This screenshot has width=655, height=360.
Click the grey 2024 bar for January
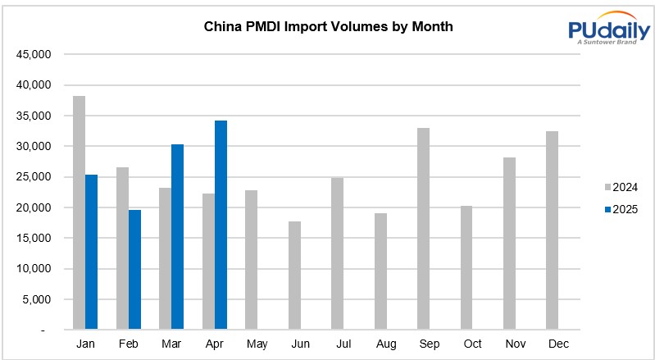pyautogui.click(x=79, y=213)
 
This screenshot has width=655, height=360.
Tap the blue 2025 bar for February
pyautogui.click(x=134, y=270)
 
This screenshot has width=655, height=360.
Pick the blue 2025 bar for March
pyautogui.click(x=177, y=237)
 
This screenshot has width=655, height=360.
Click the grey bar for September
pyautogui.click(x=424, y=229)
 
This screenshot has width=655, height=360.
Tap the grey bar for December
pyautogui.click(x=553, y=230)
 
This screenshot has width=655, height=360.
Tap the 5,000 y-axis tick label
pyautogui.click(x=38, y=299)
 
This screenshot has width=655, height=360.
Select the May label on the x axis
pyautogui.click(x=257, y=344)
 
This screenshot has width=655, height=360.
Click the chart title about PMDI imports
pyautogui.click(x=328, y=26)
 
